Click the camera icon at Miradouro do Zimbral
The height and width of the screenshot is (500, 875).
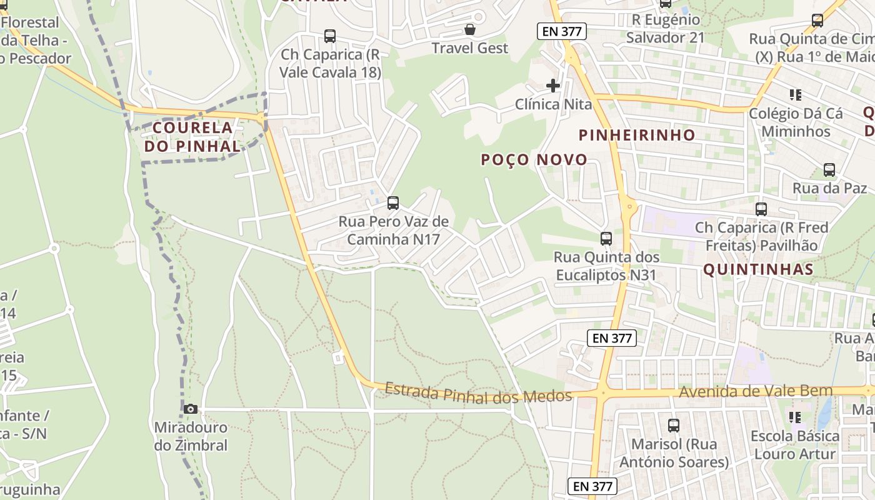[191, 409]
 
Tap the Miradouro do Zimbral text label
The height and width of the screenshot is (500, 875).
[191, 437]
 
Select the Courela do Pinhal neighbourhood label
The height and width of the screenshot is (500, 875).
[192, 137]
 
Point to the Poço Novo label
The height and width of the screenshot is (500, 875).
[534, 159]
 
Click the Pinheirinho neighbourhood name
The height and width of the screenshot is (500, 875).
[637, 135]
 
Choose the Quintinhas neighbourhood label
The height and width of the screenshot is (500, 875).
[758, 269]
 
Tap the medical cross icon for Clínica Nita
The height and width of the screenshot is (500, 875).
[553, 85]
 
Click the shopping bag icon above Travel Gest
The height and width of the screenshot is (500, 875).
[470, 29]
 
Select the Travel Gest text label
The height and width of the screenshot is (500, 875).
[470, 48]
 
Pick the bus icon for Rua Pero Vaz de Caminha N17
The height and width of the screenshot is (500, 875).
[392, 202]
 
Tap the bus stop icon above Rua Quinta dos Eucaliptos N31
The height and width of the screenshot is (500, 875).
[606, 238]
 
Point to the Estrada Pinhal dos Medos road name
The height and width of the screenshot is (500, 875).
[478, 392]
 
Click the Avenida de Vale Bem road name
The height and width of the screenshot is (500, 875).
[756, 391]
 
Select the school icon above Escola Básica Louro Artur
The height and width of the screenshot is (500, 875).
[795, 416]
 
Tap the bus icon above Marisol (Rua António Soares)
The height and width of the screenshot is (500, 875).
[673, 426]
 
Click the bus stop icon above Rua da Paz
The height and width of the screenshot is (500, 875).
[829, 169]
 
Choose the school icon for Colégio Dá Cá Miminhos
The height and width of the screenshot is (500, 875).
[795, 95]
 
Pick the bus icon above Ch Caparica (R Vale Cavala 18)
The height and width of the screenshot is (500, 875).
[330, 36]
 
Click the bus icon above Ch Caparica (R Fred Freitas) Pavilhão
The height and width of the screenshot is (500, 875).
[761, 209]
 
